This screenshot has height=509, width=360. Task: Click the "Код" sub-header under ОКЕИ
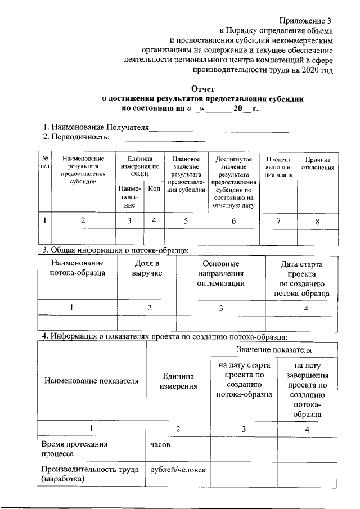154,189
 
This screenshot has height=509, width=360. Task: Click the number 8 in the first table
317,222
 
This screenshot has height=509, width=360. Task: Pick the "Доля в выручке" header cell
146,268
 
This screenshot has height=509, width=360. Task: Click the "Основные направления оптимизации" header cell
221,273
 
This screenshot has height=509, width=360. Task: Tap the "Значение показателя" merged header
274,350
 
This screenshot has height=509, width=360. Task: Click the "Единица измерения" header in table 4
178,381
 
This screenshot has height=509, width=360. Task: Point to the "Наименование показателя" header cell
91,381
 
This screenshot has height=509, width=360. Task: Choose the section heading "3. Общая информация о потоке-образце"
115,250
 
